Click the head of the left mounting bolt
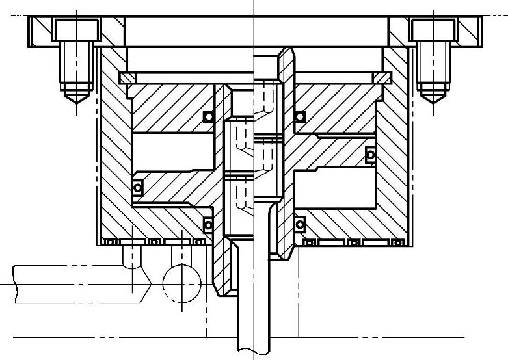coord(76,30)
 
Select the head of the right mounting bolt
coord(431,30)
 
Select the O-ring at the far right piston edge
coord(370,155)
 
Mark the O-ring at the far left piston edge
coord(138,188)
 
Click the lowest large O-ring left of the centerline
coord(208,225)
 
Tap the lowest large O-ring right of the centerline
coord(300,225)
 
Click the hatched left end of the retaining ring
coord(127,77)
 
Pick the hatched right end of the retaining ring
coord(381,77)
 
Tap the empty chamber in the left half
coord(173,153)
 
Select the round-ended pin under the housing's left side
coord(132,256)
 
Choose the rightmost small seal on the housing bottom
coord(397,242)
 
